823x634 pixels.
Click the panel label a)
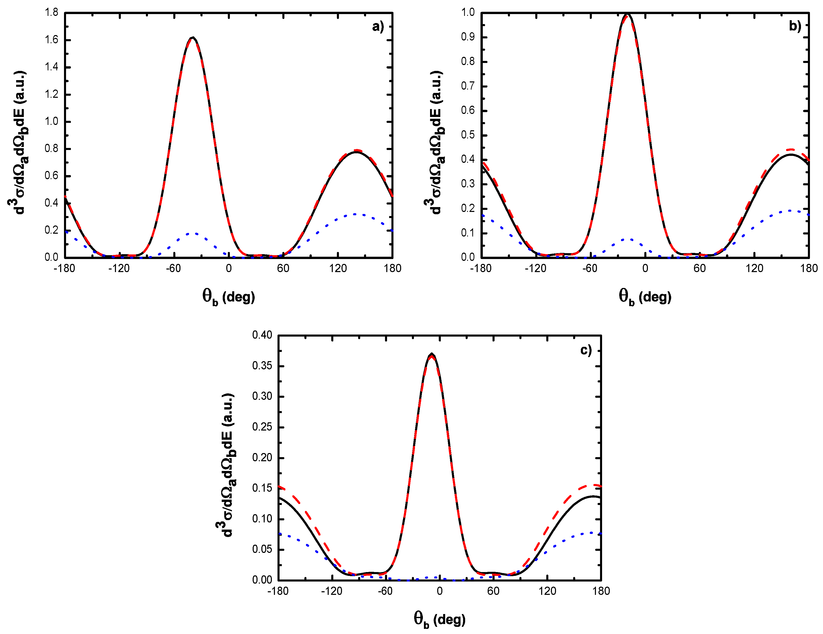coord(378,27)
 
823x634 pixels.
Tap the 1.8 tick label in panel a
coord(52,13)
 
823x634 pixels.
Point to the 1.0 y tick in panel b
coord(468,13)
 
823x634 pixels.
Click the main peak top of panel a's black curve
coord(193,38)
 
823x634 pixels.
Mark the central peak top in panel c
coord(432,354)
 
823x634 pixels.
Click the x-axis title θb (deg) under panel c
coord(439,619)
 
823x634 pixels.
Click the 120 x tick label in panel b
coord(754,268)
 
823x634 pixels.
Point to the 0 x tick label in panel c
coord(439,591)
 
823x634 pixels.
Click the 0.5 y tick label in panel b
coord(468,135)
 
